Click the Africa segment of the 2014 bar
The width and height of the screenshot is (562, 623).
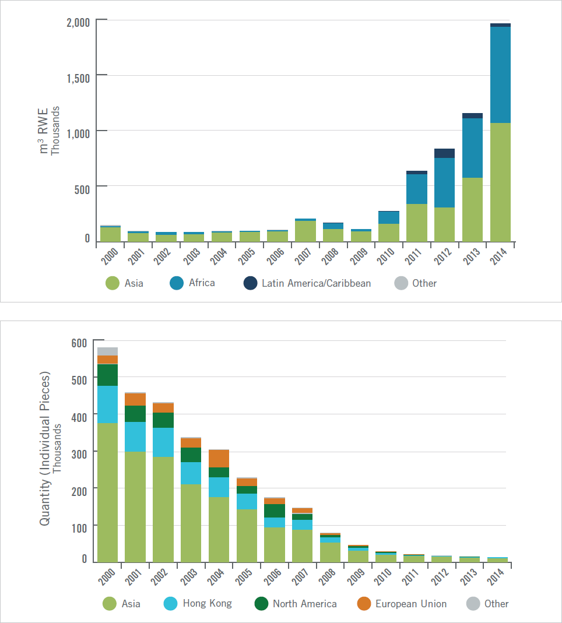[x=500, y=75]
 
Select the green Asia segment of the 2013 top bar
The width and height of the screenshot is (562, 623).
[x=472, y=210]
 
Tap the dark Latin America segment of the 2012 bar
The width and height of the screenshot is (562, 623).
[x=444, y=153]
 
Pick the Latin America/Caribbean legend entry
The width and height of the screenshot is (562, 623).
[x=307, y=283]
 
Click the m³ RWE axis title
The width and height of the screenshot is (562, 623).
[x=45, y=131]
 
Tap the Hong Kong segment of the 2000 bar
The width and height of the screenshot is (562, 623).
[x=107, y=404]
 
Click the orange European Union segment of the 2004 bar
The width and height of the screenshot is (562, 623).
[x=219, y=459]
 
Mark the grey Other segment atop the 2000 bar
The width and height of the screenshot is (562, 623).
[x=107, y=351]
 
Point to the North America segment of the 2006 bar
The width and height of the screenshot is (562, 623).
[x=274, y=511]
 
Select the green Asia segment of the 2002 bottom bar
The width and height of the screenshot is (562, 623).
[x=163, y=509]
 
